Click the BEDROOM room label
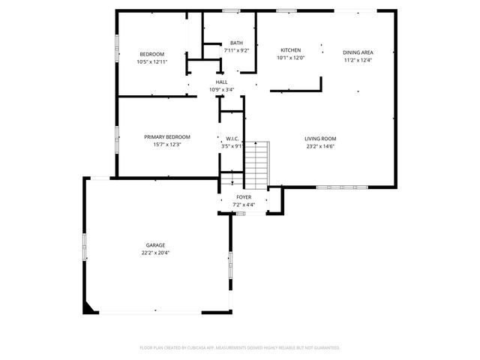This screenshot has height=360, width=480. [151, 54]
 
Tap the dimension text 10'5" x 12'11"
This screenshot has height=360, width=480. [151, 62]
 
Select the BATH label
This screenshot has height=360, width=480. [236, 43]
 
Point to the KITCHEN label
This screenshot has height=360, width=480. [291, 49]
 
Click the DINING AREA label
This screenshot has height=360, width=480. [358, 52]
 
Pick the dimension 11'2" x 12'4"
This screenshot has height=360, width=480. [358, 60]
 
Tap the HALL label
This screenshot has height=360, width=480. [222, 82]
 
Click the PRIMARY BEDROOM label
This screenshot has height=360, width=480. [167, 136]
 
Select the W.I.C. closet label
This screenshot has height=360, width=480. [232, 139]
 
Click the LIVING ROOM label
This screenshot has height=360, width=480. [320, 139]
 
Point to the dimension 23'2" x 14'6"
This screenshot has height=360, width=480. [320, 146]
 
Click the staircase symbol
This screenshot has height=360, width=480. [257, 164]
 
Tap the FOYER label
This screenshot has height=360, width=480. [244, 196]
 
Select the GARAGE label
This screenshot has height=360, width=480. [156, 245]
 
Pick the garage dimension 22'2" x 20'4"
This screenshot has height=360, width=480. [156, 253]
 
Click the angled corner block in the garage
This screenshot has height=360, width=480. [90, 307]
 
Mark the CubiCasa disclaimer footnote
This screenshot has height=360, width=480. [240, 347]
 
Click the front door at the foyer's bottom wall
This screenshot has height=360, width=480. [241, 214]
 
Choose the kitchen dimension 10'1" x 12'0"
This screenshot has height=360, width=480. [291, 58]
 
